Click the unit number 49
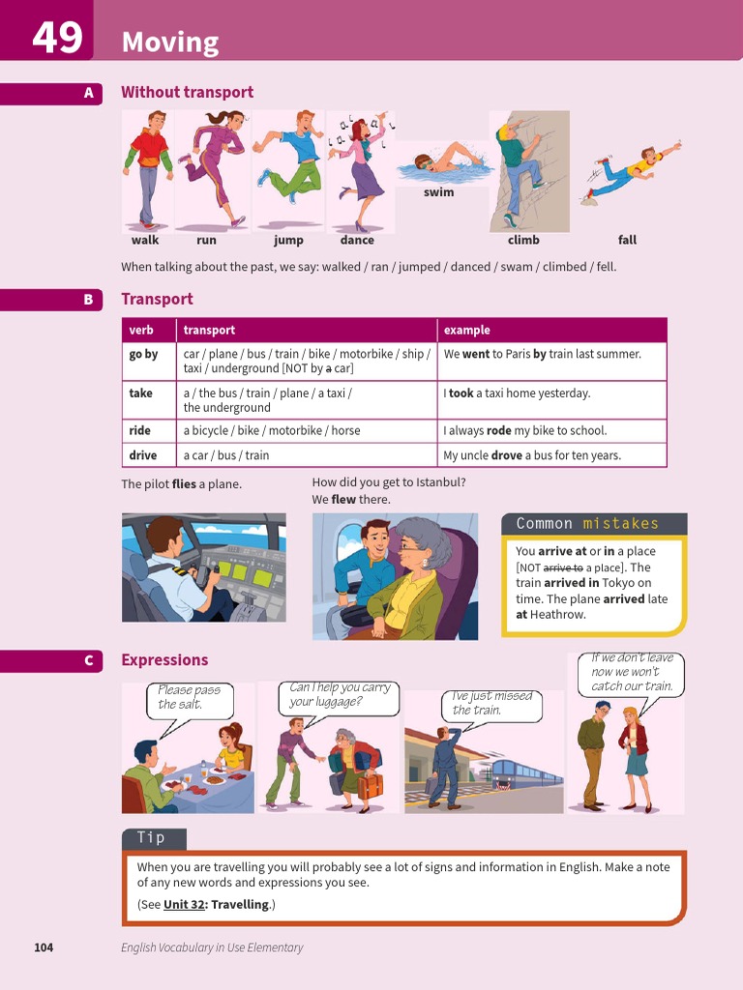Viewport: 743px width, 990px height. (57, 38)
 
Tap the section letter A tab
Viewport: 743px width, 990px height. (88, 93)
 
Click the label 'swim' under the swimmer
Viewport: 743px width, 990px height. (438, 192)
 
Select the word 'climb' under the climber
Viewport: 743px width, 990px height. (523, 240)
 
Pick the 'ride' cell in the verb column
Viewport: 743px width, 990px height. (140, 431)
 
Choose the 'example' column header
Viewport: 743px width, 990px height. (466, 331)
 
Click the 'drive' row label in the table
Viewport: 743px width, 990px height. (143, 455)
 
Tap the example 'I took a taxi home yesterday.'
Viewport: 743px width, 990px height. (517, 393)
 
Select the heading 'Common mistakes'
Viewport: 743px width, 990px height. (587, 524)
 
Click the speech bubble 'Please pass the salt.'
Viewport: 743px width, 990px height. (190, 697)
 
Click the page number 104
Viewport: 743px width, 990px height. (44, 947)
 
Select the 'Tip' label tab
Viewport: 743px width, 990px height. (152, 838)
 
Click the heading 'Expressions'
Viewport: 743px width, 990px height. (164, 660)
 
